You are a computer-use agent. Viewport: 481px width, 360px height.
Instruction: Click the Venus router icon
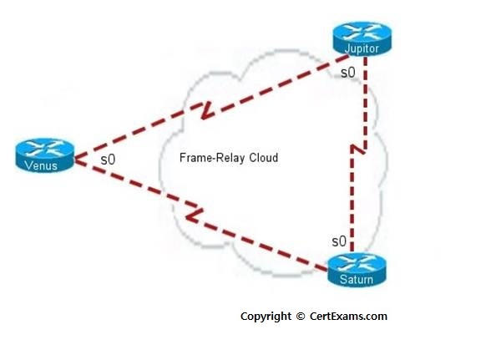(x=45, y=155)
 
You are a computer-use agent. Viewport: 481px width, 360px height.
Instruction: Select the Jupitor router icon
(x=362, y=38)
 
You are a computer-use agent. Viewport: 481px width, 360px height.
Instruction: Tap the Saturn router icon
(x=357, y=271)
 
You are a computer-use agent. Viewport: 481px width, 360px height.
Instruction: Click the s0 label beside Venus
(x=108, y=160)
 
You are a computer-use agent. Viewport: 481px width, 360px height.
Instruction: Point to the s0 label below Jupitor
(x=348, y=73)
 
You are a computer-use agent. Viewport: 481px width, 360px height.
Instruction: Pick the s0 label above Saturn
(x=339, y=241)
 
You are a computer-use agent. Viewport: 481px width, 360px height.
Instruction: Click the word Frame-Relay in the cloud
(x=212, y=158)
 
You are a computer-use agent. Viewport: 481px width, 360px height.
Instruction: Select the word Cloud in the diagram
(x=264, y=158)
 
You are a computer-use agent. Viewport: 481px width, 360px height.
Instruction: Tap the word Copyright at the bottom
(x=266, y=317)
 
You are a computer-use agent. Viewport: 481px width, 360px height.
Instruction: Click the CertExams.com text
(x=348, y=317)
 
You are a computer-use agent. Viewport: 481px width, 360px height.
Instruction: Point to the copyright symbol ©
(x=301, y=317)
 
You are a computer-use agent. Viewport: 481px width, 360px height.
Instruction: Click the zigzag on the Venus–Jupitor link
(x=206, y=110)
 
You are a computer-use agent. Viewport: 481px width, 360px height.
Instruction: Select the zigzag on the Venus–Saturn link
(x=193, y=213)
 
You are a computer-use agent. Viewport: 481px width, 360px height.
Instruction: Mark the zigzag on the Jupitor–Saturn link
(x=358, y=149)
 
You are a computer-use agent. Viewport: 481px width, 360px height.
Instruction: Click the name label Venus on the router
(x=41, y=166)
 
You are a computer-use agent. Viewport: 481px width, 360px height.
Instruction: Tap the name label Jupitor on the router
(x=362, y=48)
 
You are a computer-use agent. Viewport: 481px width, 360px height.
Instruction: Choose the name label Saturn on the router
(x=357, y=280)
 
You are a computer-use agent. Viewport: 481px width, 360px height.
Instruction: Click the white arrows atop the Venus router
(x=45, y=148)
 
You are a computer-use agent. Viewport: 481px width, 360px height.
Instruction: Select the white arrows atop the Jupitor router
(x=362, y=32)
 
